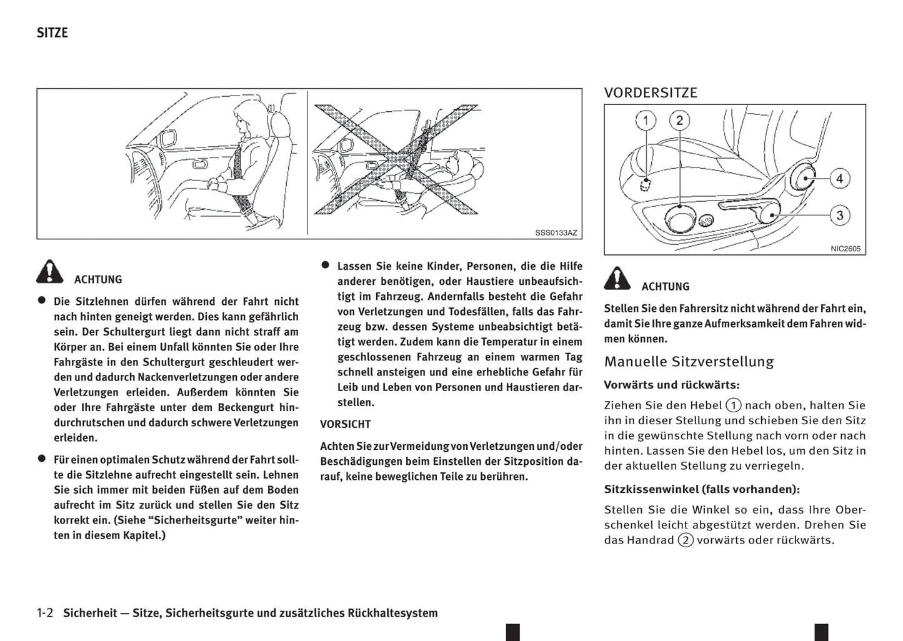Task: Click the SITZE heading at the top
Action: coord(52,33)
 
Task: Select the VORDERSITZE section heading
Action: coord(650,93)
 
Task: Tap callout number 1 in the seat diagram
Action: coord(646,121)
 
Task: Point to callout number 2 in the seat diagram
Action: coord(679,121)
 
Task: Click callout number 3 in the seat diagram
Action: coord(839,216)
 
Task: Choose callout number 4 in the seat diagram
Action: coord(839,179)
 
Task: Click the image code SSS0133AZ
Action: coord(556,233)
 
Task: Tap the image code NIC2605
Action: coord(845,249)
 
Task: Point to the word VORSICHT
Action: coord(345,424)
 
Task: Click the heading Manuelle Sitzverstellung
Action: coord(689,362)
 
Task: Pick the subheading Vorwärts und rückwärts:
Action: coord(672,385)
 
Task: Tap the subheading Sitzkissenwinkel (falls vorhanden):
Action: coord(702,489)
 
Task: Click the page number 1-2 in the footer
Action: coord(44,613)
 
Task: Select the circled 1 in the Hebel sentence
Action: coord(734,405)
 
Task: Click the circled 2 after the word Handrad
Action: coord(686,540)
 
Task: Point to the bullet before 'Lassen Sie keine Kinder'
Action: coord(325,265)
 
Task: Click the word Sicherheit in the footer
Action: coord(90,613)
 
